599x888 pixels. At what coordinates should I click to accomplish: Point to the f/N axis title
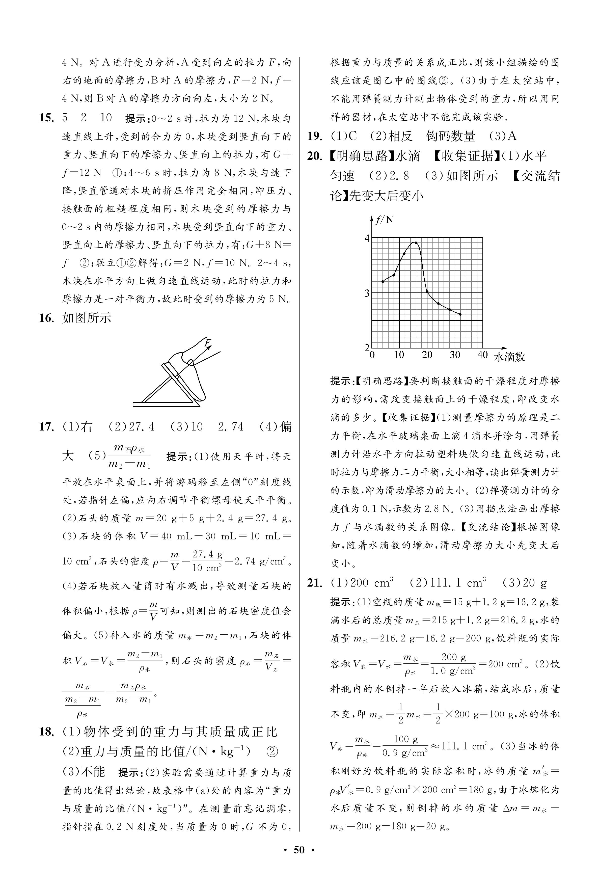click(x=384, y=220)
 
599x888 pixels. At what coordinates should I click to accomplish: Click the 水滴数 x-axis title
click(x=509, y=357)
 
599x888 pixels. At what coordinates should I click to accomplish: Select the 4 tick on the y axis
click(x=367, y=238)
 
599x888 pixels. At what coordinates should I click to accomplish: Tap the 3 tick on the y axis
click(x=367, y=293)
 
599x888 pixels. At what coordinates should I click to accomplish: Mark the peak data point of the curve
click(x=416, y=243)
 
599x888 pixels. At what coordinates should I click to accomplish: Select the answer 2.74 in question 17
click(x=230, y=427)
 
